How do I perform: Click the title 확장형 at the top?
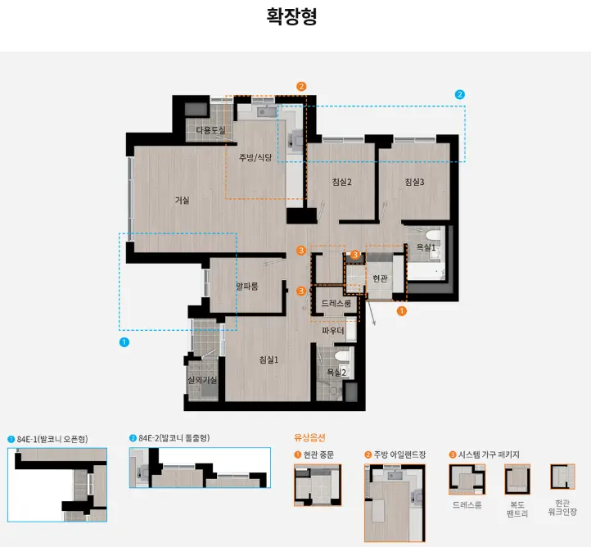291,16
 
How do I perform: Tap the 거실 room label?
182,200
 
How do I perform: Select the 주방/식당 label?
255,157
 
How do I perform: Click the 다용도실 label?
210,130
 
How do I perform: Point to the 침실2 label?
341,182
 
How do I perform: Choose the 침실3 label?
414,182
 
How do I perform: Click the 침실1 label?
268,359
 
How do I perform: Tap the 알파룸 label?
247,286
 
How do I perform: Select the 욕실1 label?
426,247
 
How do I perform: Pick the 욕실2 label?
336,373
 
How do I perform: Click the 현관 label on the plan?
380,278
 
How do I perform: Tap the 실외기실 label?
202,381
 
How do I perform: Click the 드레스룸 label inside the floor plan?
336,303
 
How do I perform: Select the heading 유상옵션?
309,437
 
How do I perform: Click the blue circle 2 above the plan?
459,94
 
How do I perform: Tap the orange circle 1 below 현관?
401,311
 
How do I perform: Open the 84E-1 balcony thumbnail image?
57,484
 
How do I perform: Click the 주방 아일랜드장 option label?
399,454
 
